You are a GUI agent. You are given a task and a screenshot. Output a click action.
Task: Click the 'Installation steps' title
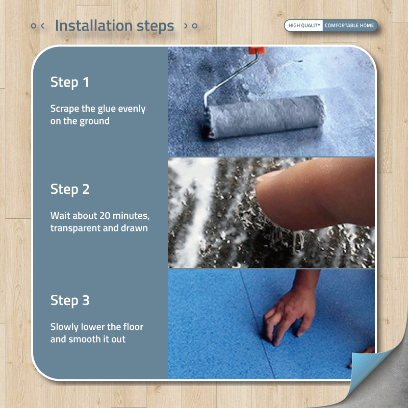coord(114,26)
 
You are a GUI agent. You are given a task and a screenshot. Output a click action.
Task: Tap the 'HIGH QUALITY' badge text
coord(304,25)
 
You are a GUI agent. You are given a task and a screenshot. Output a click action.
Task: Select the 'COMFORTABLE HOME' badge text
coord(349,25)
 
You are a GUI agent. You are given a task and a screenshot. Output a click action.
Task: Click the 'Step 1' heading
coord(69,82)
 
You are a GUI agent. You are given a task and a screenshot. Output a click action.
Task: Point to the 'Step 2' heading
coord(70,189)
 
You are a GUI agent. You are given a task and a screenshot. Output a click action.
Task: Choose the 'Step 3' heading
coord(70,300)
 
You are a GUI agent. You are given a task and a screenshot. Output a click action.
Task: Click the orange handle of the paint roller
coord(257,50)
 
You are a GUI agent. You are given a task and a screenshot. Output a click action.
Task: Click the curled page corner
coord(377,375)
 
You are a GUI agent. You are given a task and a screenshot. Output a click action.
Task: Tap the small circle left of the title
coord(34,26)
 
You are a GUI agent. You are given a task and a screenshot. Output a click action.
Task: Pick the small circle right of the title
coord(195,26)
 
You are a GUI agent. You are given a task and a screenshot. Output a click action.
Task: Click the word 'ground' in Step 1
coord(94,121)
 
